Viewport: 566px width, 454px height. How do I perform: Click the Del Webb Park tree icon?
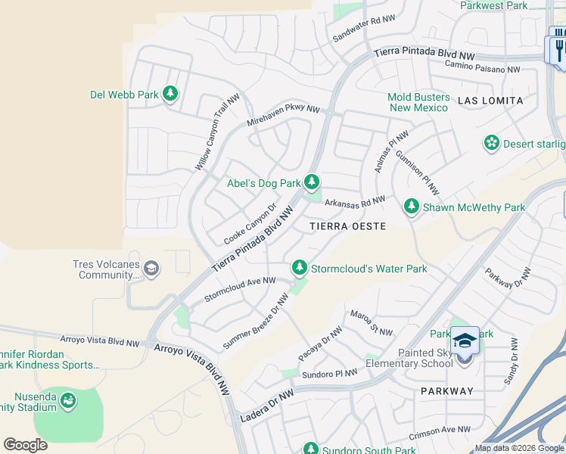coord(171,94)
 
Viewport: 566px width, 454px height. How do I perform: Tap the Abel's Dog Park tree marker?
coord(312,182)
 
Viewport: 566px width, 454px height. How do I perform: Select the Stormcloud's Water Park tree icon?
coord(300,268)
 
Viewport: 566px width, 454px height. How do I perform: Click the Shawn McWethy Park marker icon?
coord(412,206)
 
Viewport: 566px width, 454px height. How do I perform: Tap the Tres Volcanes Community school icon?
coord(151,268)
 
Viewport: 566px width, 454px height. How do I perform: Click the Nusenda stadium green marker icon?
coord(68,400)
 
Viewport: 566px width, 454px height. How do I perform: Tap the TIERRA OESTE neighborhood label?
coord(348,226)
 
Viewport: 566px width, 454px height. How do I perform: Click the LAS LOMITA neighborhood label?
coord(490,100)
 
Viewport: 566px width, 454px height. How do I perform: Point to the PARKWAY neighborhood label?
coord(447,391)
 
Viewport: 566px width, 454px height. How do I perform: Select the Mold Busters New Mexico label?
coord(418,102)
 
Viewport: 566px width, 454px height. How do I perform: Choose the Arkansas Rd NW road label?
coord(355,201)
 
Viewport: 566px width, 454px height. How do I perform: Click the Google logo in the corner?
coord(25,445)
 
